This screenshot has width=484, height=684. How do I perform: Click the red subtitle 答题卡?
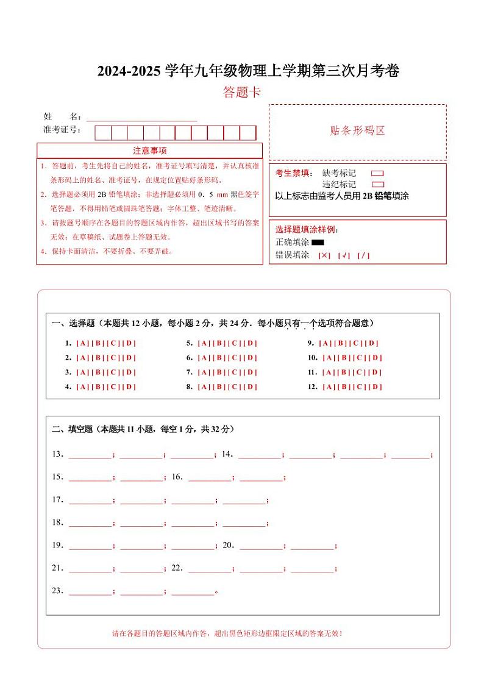(x=242, y=93)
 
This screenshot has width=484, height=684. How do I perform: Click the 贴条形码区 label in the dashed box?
(x=357, y=130)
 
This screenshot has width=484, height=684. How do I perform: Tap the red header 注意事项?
(x=149, y=151)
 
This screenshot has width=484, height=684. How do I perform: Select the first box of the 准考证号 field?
(x=103, y=133)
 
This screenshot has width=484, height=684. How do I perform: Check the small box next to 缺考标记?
(x=377, y=173)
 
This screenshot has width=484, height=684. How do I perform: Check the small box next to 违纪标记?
(x=377, y=184)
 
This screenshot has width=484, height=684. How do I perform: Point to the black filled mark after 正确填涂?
(x=317, y=243)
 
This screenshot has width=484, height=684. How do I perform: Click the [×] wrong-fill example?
(x=324, y=255)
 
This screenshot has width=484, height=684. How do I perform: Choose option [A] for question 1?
(x=83, y=343)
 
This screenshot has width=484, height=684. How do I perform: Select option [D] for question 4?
(x=129, y=387)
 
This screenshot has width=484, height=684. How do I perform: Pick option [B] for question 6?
(x=219, y=358)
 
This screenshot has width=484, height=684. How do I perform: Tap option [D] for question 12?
(x=375, y=387)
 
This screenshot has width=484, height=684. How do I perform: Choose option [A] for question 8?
(x=204, y=387)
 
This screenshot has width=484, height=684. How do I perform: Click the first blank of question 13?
(x=90, y=455)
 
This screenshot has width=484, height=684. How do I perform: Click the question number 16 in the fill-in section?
(x=177, y=477)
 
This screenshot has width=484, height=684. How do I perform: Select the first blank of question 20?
(x=260, y=546)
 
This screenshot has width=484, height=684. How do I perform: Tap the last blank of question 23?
(x=193, y=591)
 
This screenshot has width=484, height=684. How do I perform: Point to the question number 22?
(x=177, y=568)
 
